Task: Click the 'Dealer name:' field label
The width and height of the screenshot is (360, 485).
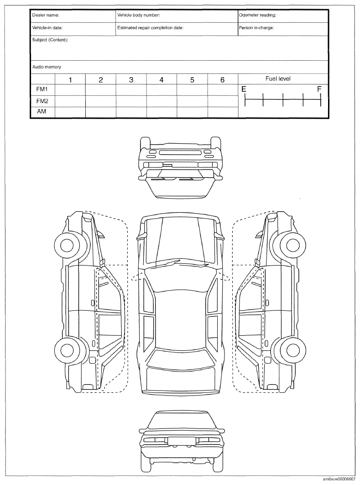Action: click(46, 15)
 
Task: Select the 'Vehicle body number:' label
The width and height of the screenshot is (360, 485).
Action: click(139, 15)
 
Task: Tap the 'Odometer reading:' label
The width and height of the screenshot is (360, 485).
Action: click(257, 15)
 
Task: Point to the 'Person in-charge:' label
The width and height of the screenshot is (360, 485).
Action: click(256, 28)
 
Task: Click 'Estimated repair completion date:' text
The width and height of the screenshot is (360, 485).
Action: click(150, 28)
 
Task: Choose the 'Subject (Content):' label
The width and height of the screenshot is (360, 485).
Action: click(50, 40)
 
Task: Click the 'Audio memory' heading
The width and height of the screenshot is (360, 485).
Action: click(47, 67)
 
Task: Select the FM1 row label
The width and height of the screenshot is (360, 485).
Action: click(42, 89)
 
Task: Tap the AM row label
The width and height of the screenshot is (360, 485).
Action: click(42, 111)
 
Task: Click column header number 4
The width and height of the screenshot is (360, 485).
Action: click(162, 80)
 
